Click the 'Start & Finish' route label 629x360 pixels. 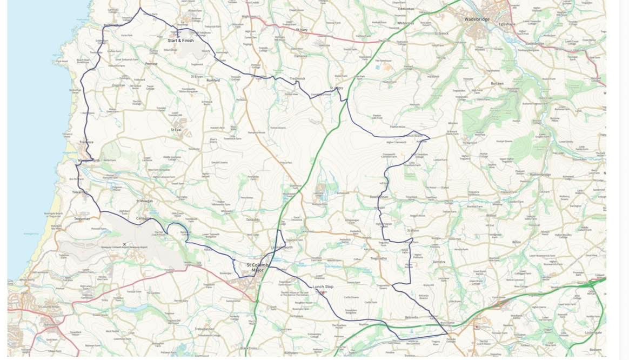click(180, 41)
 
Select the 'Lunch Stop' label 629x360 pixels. click(323, 286)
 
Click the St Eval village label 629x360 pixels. click(176, 130)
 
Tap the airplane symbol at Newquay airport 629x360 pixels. click(125, 244)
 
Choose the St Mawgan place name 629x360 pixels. click(145, 201)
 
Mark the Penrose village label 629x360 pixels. click(151, 64)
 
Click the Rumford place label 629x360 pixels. click(213, 81)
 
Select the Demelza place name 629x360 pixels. click(438, 262)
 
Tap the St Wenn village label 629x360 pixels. click(413, 231)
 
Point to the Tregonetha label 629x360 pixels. click(378, 258)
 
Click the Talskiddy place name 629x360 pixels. click(253, 220)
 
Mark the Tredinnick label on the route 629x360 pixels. click(297, 78)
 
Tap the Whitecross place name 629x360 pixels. click(405, 23)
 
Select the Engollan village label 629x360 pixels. click(118, 85)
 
